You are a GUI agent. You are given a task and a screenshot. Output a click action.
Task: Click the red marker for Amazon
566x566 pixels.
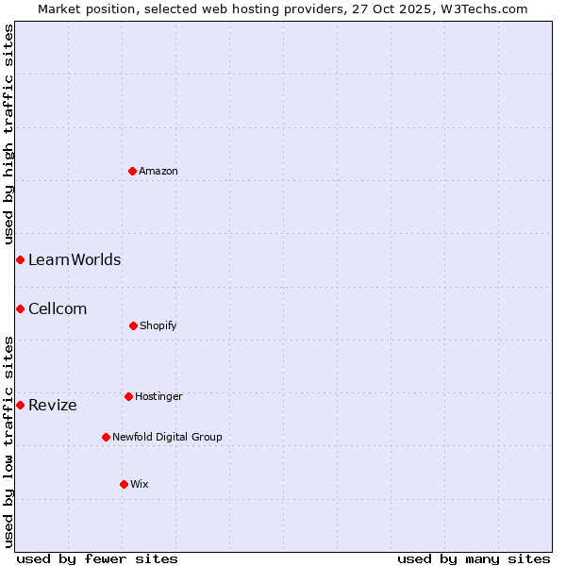133,171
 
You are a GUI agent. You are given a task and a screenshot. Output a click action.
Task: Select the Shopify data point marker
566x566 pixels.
133,325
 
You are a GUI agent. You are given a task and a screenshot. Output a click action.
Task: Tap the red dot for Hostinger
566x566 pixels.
128,396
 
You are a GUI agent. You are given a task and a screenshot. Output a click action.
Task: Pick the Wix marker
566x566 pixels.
124,484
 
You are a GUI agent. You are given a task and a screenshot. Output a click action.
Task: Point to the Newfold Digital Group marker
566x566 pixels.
106,437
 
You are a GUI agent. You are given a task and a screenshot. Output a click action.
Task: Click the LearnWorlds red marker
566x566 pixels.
20,259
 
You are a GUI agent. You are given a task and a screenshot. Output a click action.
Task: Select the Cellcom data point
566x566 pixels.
20,308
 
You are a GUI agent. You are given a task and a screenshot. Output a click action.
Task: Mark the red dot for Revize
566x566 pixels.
20,405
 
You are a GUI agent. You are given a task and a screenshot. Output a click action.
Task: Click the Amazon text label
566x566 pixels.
158,171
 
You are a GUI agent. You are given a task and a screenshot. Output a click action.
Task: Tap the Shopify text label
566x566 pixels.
158,325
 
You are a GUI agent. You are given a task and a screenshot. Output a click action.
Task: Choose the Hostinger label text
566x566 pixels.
158,396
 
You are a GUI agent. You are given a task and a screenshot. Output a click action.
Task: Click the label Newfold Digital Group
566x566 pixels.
167,437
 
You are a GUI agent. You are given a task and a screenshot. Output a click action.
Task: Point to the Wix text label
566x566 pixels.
140,484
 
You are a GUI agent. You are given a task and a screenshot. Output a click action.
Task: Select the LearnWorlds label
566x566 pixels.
75,259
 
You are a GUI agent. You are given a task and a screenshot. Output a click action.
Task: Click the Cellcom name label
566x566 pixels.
58,308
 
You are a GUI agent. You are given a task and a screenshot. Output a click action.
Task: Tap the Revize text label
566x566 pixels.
53,405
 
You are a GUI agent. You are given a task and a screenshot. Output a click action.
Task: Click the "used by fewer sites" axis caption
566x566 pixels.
97,558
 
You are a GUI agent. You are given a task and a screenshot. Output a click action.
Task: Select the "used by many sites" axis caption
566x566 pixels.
474,558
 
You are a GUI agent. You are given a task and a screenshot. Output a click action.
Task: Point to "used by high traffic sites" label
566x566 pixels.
8,135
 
